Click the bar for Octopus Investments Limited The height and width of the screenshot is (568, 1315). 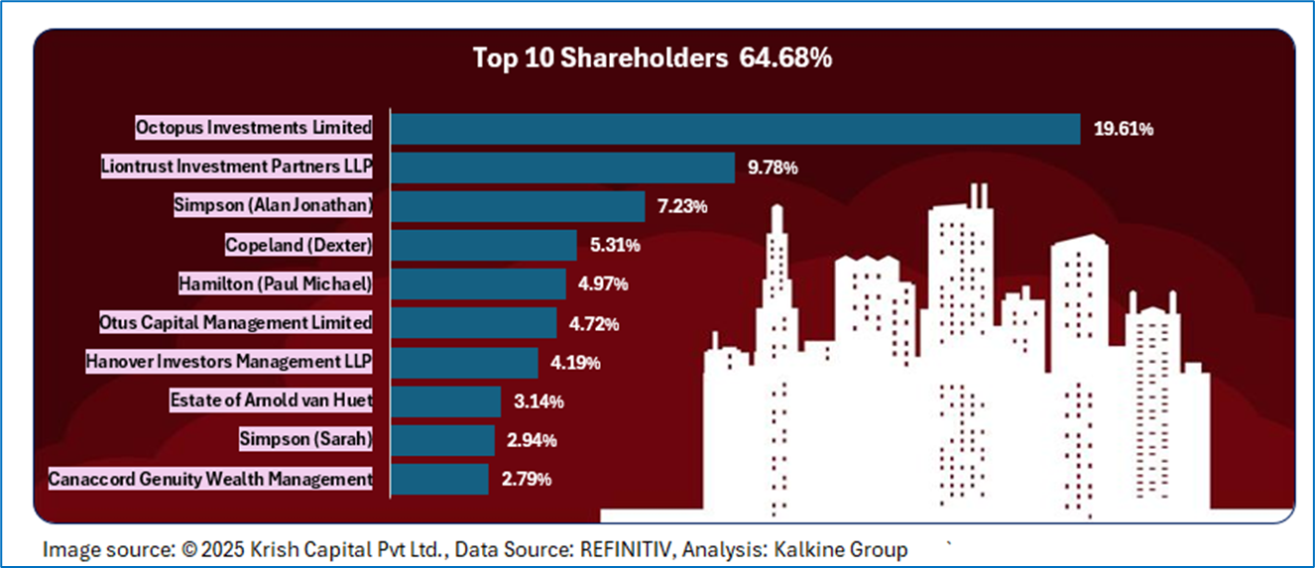point(736,129)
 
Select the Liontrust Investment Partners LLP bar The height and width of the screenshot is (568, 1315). point(562,168)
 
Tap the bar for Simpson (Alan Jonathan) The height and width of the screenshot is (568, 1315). point(518,206)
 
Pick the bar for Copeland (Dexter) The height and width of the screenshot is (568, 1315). point(484,245)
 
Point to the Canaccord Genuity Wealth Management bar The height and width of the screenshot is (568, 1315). point(439,479)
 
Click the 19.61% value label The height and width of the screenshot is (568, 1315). point(1123,129)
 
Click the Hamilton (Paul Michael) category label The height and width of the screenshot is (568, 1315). point(276,284)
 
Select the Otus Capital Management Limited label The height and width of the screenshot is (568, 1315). point(236,322)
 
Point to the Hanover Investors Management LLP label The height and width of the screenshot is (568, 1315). point(229,362)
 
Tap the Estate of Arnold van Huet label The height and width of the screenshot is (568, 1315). point(271,401)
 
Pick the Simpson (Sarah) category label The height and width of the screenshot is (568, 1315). point(305,439)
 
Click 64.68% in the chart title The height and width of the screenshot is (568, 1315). point(784,58)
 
